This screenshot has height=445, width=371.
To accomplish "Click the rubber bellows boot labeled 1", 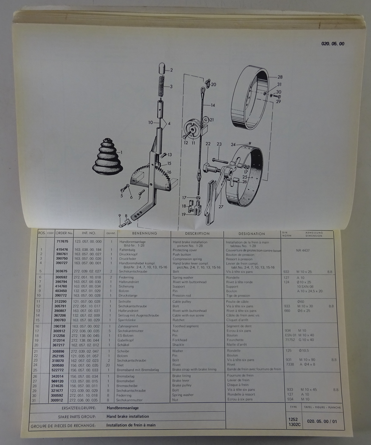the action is click(x=107, y=157).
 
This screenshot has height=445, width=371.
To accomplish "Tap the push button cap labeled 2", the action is click(x=162, y=68).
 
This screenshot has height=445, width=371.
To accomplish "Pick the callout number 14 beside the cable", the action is click(x=213, y=105).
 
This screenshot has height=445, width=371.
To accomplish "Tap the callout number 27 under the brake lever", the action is click(x=221, y=207).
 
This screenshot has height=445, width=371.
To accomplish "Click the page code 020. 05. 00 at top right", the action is click(x=333, y=44).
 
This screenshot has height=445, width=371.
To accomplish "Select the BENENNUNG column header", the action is click(x=145, y=233).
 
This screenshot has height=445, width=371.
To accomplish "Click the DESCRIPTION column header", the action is click(x=197, y=234).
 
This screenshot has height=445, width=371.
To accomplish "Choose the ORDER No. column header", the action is click(x=64, y=233).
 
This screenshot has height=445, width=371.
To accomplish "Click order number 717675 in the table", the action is click(x=62, y=241).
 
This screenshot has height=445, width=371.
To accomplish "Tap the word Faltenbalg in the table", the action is click(x=127, y=250).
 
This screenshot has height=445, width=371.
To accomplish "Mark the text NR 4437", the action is click(x=303, y=250).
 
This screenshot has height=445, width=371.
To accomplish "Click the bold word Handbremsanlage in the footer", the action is click(x=123, y=408).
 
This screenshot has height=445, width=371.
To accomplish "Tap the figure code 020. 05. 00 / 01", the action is click(x=322, y=421).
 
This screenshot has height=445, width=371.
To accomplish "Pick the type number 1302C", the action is click(x=295, y=424).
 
